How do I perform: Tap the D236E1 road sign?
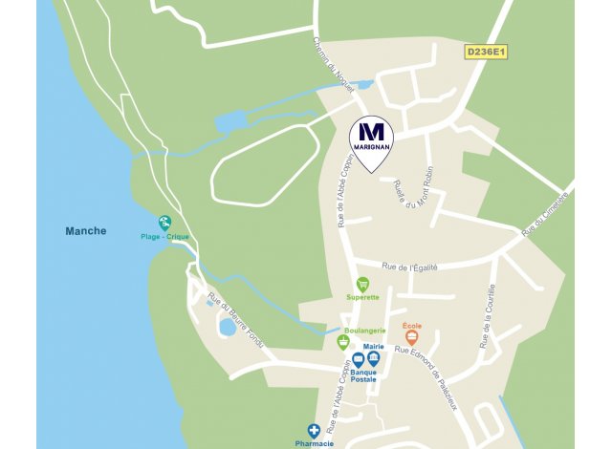[x=486, y=52]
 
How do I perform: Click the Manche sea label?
[x=86, y=231]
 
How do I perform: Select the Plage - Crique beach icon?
[x=164, y=223]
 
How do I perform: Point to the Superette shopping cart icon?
[x=362, y=284]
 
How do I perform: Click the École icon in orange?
[x=412, y=338]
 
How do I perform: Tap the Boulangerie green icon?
[x=343, y=342]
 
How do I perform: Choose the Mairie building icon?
[x=373, y=358]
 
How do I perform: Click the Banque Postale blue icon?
[x=358, y=360]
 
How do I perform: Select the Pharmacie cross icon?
[x=313, y=432]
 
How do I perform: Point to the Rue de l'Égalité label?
[x=409, y=267]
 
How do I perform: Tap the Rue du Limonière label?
[x=545, y=213]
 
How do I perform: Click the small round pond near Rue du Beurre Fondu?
[x=228, y=327]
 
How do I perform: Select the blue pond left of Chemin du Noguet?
[x=231, y=121]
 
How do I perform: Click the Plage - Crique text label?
[x=164, y=236]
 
